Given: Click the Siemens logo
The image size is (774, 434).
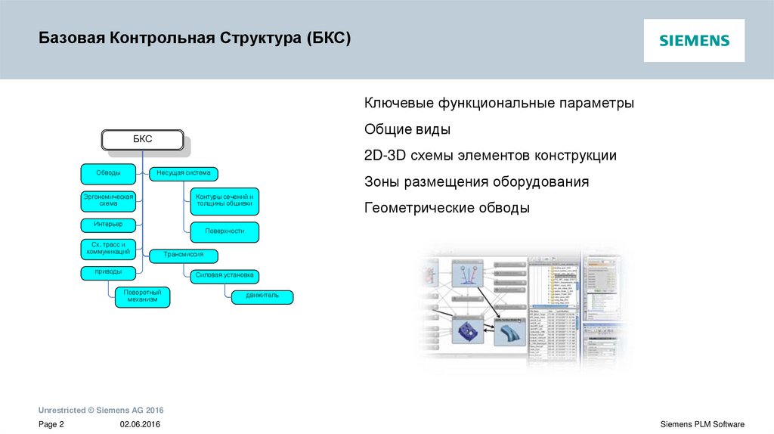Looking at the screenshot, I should (694, 41).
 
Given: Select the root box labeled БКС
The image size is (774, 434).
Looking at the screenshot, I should (143, 140).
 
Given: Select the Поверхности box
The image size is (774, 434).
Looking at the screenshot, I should (224, 231).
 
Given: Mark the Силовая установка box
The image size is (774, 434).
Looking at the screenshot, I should (224, 275).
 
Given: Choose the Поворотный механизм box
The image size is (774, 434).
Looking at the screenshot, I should (142, 296).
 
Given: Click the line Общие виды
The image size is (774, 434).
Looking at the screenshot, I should (407, 129).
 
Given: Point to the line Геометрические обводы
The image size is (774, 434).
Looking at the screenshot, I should (447, 208).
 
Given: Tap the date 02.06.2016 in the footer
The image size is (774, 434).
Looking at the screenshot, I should (140, 424).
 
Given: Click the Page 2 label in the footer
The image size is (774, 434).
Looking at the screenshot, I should (51, 424).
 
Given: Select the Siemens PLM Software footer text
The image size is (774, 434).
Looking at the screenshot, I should (702, 424).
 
